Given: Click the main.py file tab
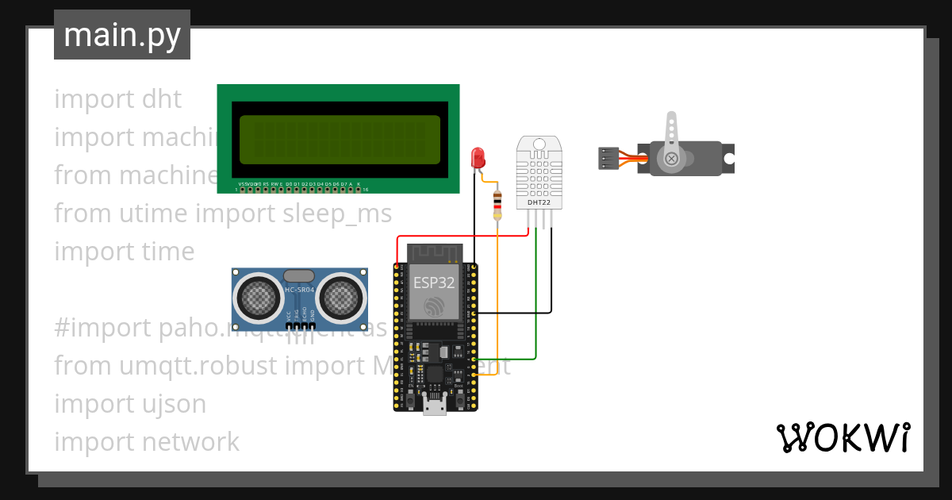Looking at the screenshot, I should point(121,35).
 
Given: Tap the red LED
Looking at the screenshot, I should point(478,157).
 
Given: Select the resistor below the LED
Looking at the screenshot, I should point(497,204).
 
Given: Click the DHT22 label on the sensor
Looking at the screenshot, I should point(539,202).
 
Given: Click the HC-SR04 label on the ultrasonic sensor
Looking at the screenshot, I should point(299,290).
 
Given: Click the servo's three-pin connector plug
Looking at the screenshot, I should point(608,158).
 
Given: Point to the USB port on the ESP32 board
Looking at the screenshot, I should point(435,407).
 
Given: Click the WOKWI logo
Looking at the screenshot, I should point(843,438).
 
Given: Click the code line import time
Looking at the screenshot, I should point(125,252).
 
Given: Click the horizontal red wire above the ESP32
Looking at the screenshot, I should point(460,236).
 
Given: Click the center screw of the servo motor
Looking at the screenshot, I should point(672,159).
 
